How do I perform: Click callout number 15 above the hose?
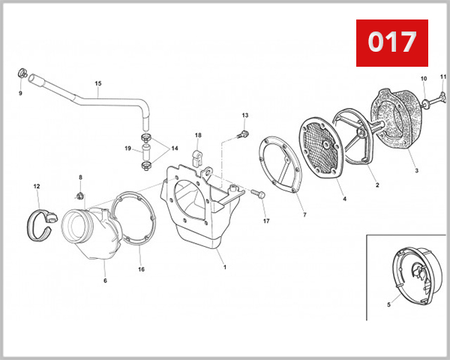(97, 84)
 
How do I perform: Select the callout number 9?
(20, 93)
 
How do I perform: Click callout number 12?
(36, 185)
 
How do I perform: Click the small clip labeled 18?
(199, 158)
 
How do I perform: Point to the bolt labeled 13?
(242, 134)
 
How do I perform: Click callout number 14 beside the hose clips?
(175, 148)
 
